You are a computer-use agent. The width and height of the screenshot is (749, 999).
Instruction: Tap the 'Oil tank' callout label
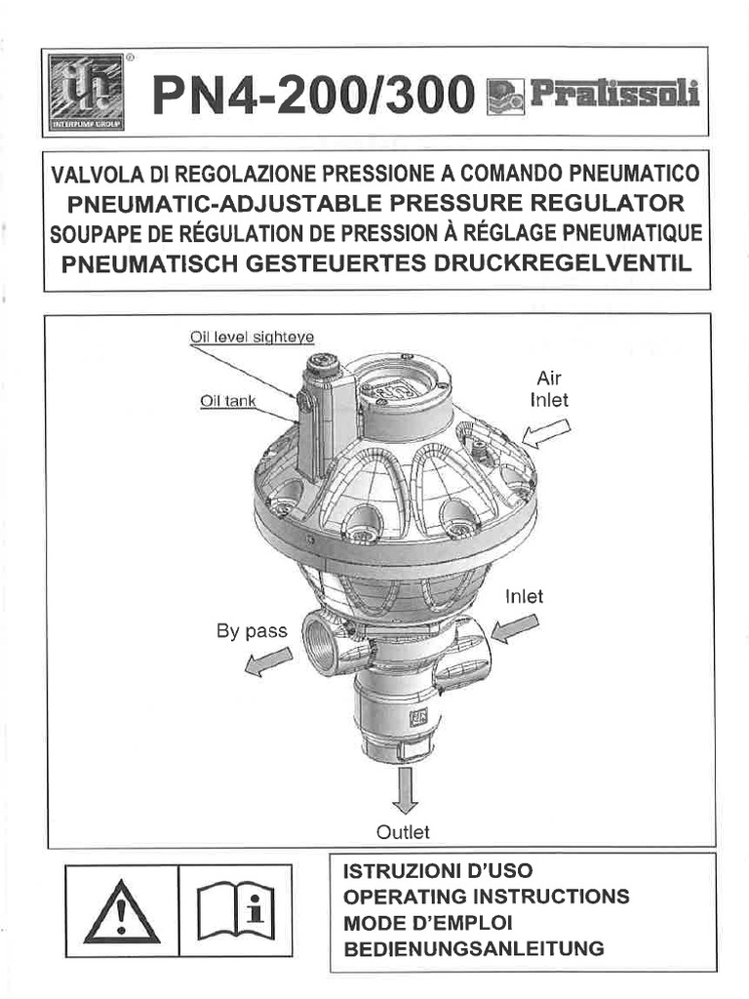point(227,400)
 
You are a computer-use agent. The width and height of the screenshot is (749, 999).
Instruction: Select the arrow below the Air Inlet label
point(548,431)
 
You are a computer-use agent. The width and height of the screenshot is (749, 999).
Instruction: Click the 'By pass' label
point(252,631)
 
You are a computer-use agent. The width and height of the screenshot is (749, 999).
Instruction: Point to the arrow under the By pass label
point(267,662)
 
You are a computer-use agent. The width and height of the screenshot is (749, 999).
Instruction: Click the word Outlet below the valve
point(403,832)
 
